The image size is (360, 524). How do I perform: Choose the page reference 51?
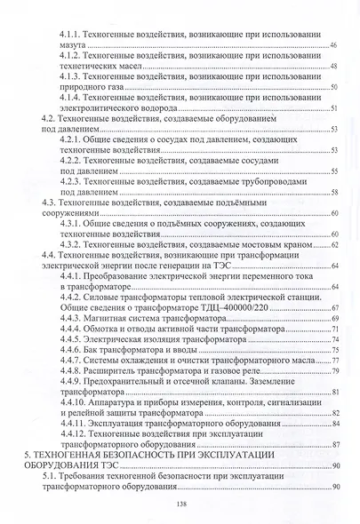click(x=333, y=108)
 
